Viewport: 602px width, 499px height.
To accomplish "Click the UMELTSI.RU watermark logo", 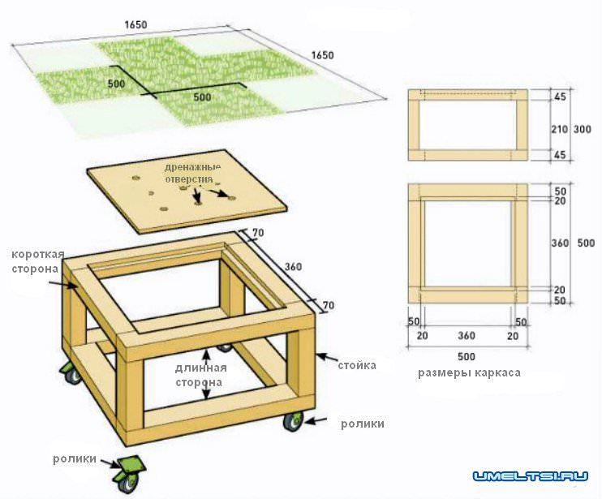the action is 531,477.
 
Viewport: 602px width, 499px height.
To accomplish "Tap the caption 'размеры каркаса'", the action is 469,372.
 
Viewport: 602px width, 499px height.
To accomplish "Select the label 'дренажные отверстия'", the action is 192,174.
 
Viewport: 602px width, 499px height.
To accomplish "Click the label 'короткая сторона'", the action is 37,261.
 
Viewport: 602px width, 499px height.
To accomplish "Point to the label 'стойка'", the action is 357,365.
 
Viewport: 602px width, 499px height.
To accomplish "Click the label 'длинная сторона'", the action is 200,375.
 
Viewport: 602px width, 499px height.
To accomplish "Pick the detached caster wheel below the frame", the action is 128,474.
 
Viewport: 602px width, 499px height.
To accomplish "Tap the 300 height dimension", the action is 582,129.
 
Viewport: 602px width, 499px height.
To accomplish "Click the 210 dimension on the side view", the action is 559,129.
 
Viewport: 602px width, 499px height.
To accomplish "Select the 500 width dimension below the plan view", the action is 466,356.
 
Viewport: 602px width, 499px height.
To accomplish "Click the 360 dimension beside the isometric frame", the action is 293,266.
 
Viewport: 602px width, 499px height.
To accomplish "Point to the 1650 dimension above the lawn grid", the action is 136,24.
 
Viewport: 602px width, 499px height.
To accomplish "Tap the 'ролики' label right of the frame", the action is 363,424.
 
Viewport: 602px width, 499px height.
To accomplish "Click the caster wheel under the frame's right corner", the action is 294,421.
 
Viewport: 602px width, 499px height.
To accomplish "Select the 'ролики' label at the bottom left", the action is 75,458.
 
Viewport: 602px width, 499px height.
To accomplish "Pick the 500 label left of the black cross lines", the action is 116,84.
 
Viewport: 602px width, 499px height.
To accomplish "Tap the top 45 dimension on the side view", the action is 561,97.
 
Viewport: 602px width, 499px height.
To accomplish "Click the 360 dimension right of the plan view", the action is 560,243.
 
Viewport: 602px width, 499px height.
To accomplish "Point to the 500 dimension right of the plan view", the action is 586,243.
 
